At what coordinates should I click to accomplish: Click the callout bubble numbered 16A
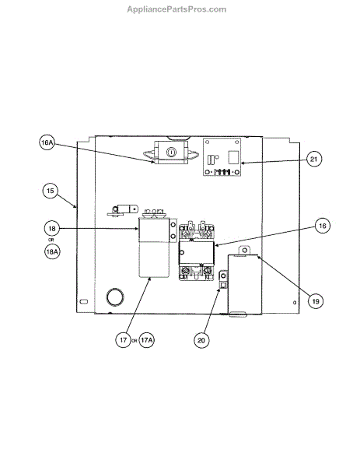pos(47,142)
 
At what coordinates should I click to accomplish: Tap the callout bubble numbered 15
pos(51,191)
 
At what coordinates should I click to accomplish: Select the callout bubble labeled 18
pos(52,228)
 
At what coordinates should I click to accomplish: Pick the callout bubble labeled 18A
pos(52,251)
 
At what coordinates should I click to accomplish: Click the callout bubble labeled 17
pos(123,340)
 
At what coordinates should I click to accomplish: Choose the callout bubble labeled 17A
pos(146,340)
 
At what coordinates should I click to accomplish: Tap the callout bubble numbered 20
pos(201,340)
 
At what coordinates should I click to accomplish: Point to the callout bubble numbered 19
pos(316,301)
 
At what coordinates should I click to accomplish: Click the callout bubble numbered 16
pos(323,226)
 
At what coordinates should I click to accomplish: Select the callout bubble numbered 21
pos(314,159)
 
